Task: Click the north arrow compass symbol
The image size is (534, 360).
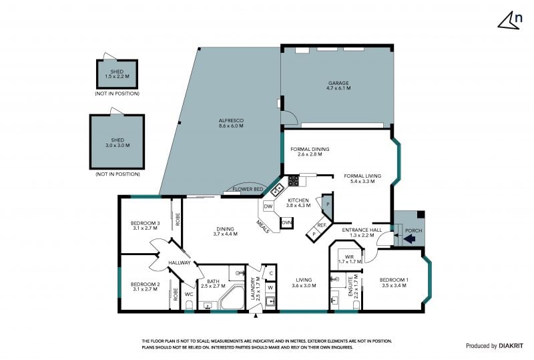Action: (510, 21)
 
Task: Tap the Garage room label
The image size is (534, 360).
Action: (338, 85)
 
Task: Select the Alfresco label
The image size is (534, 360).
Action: (231, 123)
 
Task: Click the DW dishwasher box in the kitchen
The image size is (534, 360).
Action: (268, 206)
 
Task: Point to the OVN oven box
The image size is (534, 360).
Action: (287, 223)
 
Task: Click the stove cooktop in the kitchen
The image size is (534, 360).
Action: (294, 181)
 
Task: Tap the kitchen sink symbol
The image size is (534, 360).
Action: (278, 189)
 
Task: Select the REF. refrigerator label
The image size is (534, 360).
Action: (322, 225)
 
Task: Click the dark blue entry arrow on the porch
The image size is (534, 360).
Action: (409, 240)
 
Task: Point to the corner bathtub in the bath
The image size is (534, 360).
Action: (232, 298)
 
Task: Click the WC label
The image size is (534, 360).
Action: (189, 294)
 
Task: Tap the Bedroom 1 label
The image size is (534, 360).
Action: (394, 283)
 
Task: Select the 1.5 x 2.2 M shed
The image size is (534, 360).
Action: (117, 74)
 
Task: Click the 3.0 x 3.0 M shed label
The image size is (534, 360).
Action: (117, 142)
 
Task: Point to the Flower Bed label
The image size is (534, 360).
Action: (248, 189)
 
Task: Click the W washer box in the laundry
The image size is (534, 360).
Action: (270, 287)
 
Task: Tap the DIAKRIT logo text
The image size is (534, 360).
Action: (511, 346)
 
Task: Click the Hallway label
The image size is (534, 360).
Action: (180, 262)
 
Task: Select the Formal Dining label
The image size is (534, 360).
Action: (310, 152)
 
